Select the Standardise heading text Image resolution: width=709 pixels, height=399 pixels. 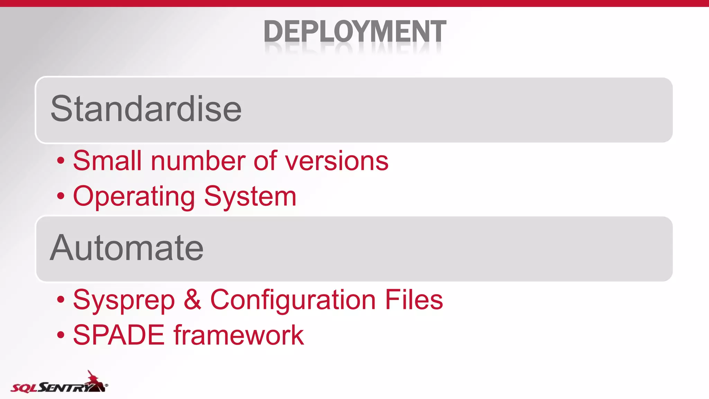146,109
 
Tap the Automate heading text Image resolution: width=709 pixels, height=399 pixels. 127,248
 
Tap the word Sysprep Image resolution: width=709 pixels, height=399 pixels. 124,300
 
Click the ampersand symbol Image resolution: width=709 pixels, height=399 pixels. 192,300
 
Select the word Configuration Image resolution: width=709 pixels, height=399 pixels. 293,300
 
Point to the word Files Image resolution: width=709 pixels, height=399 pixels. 414,300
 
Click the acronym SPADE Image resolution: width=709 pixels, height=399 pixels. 119,335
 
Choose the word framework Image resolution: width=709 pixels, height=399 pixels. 239,335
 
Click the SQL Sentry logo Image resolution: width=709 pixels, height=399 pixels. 59,383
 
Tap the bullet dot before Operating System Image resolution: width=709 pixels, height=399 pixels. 61,196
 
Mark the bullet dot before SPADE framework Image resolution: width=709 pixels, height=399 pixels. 61,335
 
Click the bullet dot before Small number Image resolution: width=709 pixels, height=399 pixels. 61,161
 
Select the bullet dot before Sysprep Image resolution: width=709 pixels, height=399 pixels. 61,300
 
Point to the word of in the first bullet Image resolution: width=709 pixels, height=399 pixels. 265,161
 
